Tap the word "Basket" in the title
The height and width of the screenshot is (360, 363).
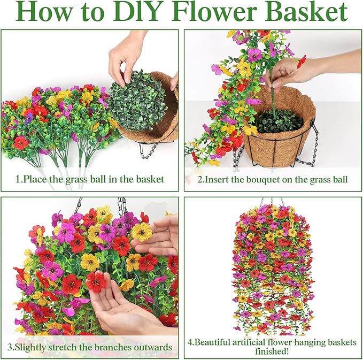(x=307, y=11)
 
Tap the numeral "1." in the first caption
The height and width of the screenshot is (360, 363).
(x=19, y=179)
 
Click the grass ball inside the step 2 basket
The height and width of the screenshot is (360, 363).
(x=279, y=120)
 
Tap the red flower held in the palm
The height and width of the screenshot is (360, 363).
(x=96, y=282)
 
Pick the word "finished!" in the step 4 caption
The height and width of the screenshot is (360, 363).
(x=272, y=351)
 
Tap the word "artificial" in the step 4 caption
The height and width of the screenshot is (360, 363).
(x=249, y=342)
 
